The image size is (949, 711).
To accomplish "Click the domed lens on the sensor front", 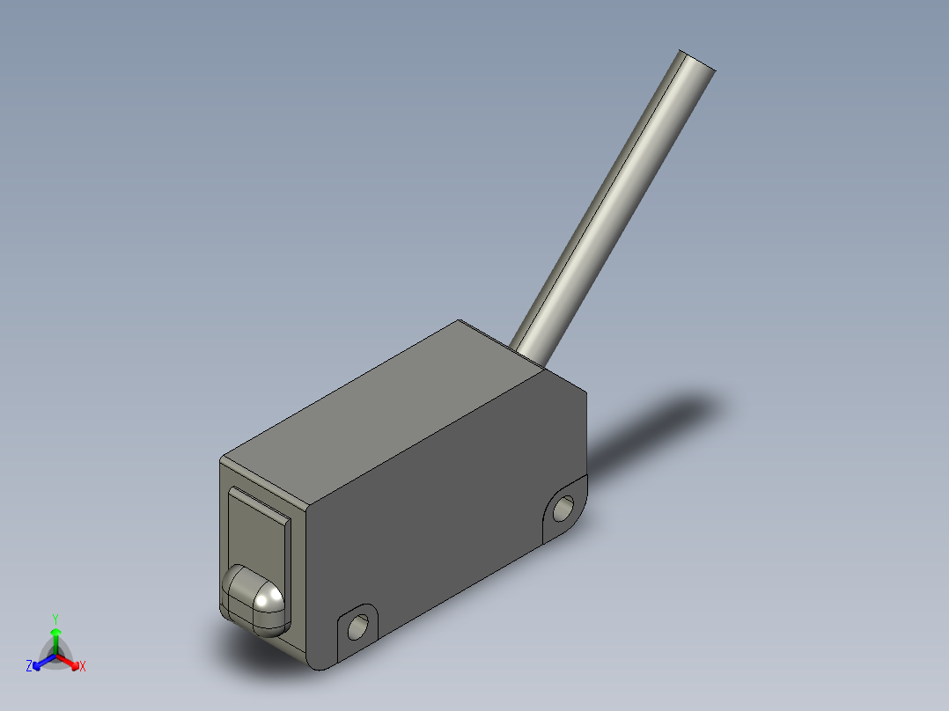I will pyautogui.click(x=254, y=601).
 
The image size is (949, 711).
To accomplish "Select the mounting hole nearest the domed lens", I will pyautogui.click(x=357, y=627).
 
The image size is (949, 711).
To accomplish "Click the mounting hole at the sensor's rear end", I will pyautogui.click(x=563, y=509).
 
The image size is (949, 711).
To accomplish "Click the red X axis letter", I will pyautogui.click(x=83, y=667).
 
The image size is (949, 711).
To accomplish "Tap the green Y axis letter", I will pyautogui.click(x=55, y=619).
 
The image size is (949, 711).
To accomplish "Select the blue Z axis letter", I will pyautogui.click(x=29, y=666).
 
